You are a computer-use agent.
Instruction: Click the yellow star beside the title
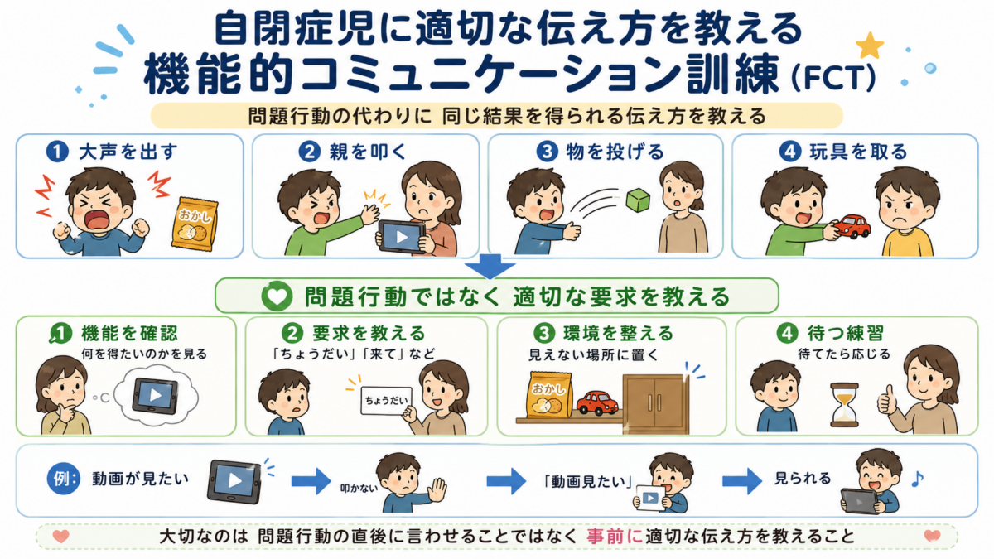click(x=869, y=46)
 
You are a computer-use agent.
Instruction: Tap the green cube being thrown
click(x=638, y=200)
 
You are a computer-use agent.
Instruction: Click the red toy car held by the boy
click(x=852, y=227)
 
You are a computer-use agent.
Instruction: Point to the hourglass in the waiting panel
click(x=844, y=405)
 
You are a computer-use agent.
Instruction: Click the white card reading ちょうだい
click(x=386, y=401)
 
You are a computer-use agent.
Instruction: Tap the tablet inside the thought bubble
click(x=156, y=396)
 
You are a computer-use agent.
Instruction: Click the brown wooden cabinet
click(x=656, y=404)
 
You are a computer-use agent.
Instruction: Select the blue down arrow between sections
click(x=490, y=266)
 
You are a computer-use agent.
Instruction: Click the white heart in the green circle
click(x=277, y=296)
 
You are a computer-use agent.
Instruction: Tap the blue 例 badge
click(x=64, y=479)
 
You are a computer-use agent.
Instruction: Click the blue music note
click(x=917, y=479)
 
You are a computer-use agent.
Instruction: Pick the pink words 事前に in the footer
click(x=615, y=537)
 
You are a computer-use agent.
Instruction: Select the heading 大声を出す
click(x=128, y=152)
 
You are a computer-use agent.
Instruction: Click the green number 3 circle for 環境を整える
click(x=544, y=333)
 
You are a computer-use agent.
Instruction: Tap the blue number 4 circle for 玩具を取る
click(x=790, y=152)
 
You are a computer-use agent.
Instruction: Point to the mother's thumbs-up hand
click(x=886, y=401)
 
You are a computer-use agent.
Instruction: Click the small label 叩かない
click(x=359, y=489)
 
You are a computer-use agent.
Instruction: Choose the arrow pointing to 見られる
click(x=742, y=481)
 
